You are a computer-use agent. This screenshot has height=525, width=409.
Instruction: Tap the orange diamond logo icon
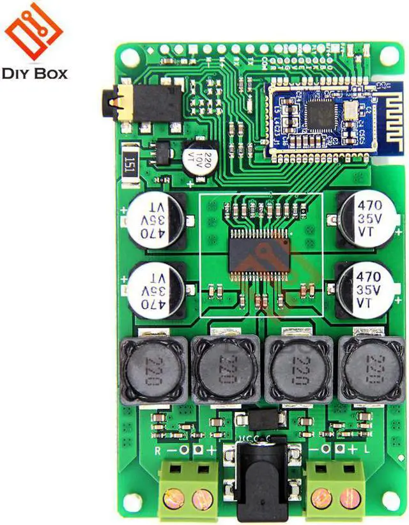pos(34,31)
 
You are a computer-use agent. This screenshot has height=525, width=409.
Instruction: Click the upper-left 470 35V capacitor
pos(156,219)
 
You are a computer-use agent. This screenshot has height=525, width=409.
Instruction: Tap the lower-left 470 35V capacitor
pos(156,289)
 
